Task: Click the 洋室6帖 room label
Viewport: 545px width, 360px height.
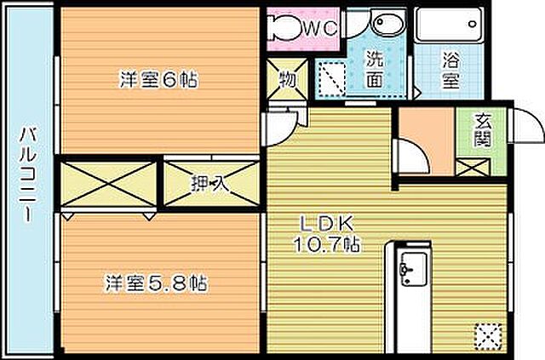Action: click(159, 81)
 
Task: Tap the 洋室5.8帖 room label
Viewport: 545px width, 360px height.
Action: click(158, 282)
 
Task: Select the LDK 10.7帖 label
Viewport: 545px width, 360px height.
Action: click(328, 234)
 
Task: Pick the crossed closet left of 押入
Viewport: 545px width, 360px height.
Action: click(110, 181)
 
